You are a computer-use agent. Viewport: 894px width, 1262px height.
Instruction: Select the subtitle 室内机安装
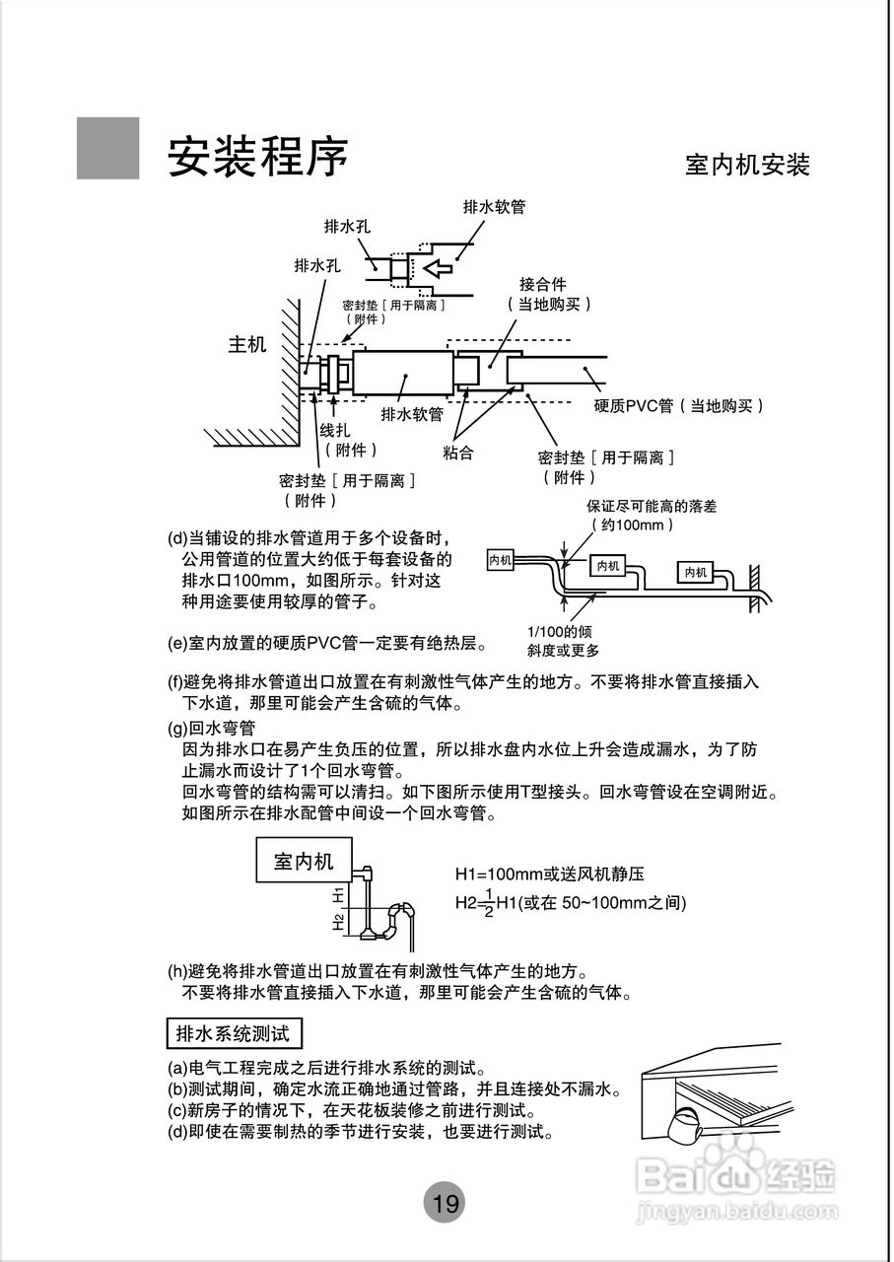(x=747, y=165)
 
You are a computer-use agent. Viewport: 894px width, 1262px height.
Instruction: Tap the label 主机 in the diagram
(x=247, y=345)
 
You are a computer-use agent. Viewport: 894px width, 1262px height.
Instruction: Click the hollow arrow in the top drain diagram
(x=435, y=267)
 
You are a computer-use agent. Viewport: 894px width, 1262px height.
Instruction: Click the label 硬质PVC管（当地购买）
(x=679, y=405)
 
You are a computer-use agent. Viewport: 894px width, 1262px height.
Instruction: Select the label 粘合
(x=458, y=453)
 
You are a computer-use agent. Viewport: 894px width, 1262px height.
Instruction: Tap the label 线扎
(x=334, y=431)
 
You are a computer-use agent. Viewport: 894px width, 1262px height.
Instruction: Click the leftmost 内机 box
(x=501, y=559)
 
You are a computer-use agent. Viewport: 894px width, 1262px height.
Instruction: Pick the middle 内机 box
(x=607, y=566)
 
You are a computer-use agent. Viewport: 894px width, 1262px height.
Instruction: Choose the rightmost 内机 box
(x=697, y=572)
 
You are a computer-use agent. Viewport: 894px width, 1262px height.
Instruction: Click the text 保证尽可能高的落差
(x=651, y=506)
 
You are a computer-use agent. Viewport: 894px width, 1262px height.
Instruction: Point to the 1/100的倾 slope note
(x=559, y=632)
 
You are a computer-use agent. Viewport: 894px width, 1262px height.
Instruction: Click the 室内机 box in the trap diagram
(x=304, y=861)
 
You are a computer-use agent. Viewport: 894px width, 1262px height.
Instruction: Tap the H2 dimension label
(x=338, y=921)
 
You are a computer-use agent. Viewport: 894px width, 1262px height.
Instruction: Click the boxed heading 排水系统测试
(x=233, y=1034)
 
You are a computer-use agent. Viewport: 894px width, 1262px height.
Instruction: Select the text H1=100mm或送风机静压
(x=550, y=875)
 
